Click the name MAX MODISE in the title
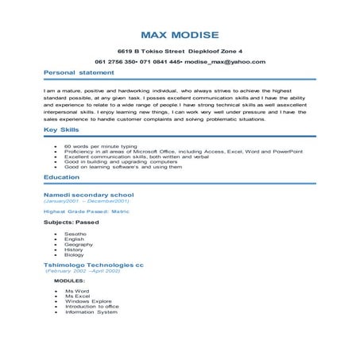(180, 35)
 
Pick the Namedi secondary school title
(88, 195)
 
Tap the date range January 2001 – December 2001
(86, 202)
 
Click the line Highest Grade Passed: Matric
(85, 212)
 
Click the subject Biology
(75, 256)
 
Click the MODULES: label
(69, 281)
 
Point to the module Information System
(91, 312)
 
